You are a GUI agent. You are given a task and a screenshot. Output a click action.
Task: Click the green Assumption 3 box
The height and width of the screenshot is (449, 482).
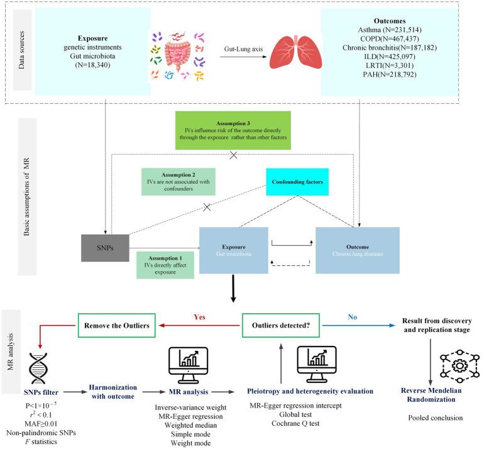click(235, 130)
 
